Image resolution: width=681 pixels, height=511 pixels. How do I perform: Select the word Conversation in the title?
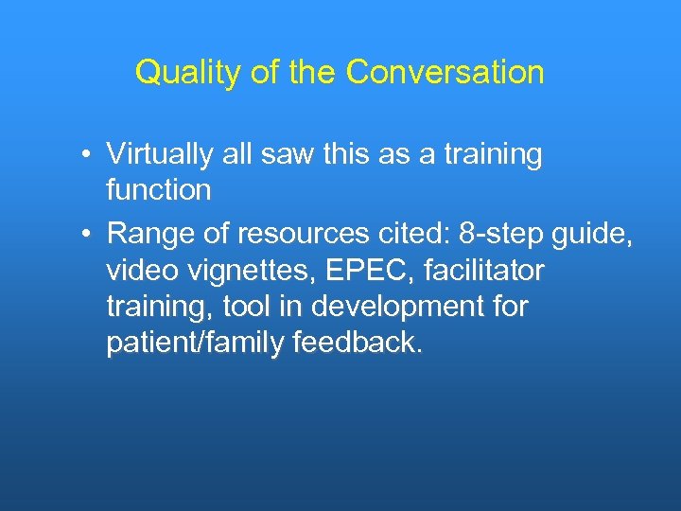pyautogui.click(x=445, y=73)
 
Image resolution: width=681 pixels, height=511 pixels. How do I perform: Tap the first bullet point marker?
pyautogui.click(x=85, y=155)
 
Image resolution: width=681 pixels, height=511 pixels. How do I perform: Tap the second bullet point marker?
pyautogui.click(x=85, y=232)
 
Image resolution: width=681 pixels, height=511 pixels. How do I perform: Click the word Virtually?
pyautogui.click(x=162, y=154)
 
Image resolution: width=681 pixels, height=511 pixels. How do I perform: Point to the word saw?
pyautogui.click(x=288, y=154)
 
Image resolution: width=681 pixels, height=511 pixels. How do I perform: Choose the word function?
pyautogui.click(x=158, y=190)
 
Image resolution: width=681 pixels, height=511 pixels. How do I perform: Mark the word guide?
pyautogui.click(x=598, y=233)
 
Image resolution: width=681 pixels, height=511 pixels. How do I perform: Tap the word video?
pyautogui.click(x=136, y=271)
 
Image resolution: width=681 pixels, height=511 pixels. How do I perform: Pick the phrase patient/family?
pyautogui.click(x=192, y=344)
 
